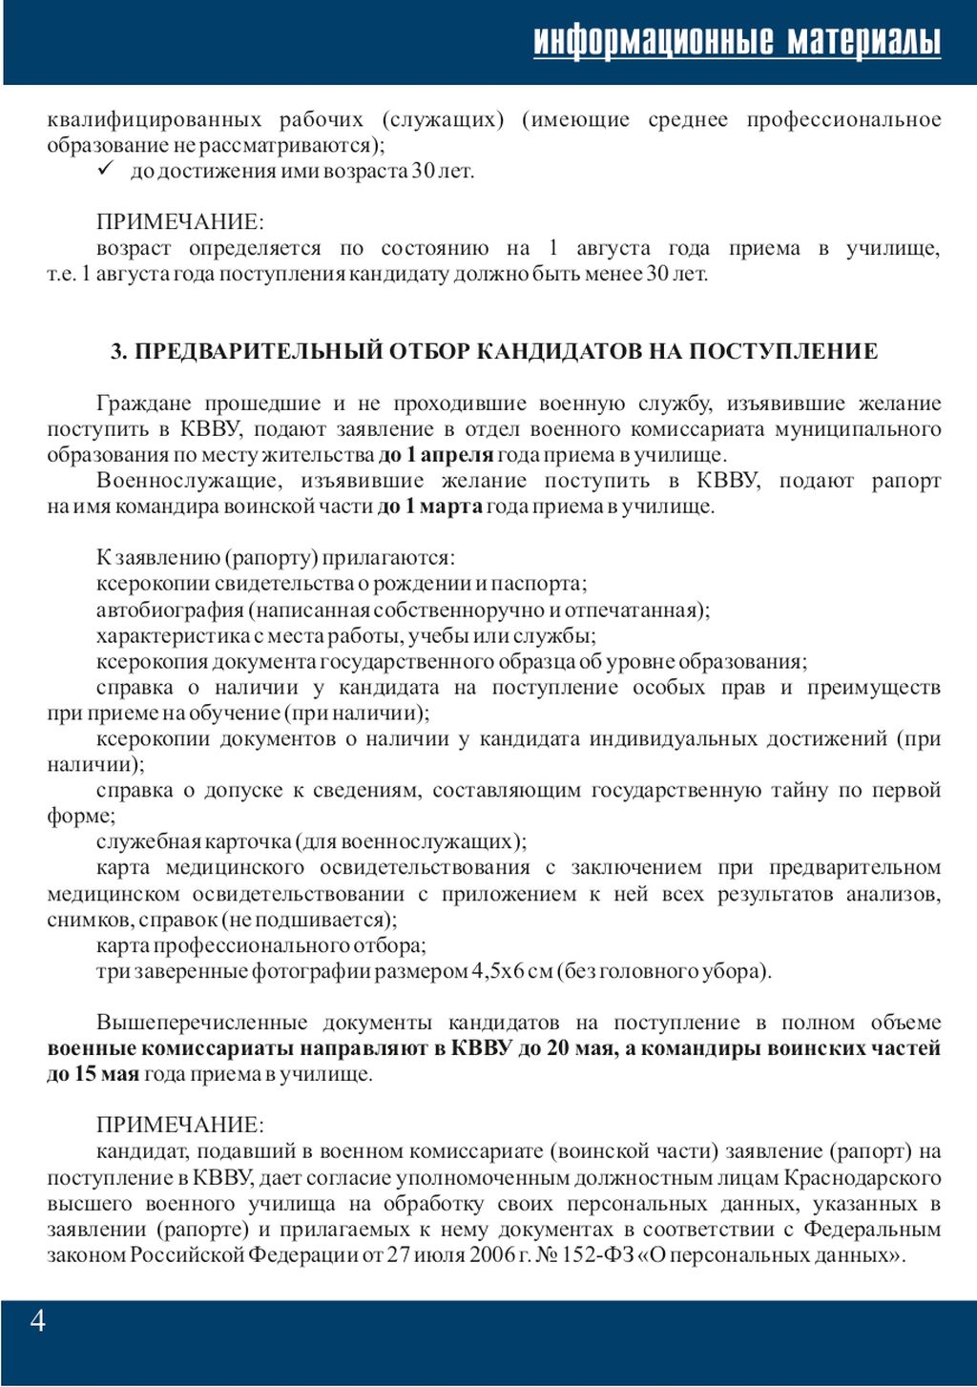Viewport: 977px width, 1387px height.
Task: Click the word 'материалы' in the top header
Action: point(863,41)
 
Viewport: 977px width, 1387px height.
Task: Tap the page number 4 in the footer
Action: point(38,1321)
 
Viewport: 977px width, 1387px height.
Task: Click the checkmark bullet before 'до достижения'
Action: point(106,170)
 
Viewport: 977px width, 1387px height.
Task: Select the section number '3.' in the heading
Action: point(119,351)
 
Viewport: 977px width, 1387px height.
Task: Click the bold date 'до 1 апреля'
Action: point(436,455)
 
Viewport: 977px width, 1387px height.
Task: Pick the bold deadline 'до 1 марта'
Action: point(430,507)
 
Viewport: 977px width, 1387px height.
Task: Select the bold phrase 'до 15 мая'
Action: point(93,1074)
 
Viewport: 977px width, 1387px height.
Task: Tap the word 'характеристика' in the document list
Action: point(172,635)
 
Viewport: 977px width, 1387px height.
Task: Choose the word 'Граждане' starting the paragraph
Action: point(143,404)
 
